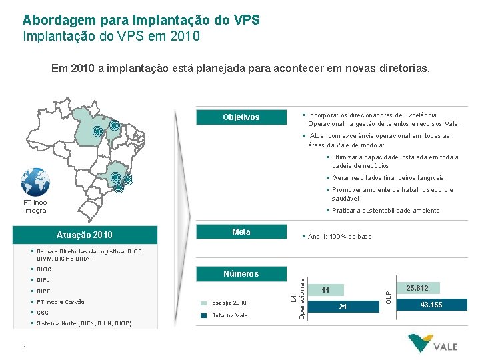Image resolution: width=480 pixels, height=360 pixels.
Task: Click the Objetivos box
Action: tap(241, 117)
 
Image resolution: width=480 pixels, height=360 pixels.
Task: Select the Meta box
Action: tap(241, 232)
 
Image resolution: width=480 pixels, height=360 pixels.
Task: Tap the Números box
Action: tap(241, 273)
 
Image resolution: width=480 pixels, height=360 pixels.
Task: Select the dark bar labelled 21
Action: tap(343, 306)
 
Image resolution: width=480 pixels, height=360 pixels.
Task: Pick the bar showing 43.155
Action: tap(431, 305)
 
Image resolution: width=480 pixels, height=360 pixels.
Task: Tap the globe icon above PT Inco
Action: tap(35, 181)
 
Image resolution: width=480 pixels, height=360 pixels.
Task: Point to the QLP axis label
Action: tap(389, 293)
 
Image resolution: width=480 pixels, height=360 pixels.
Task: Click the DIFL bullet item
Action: tap(44, 281)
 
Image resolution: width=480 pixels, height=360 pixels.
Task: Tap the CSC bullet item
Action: tap(43, 313)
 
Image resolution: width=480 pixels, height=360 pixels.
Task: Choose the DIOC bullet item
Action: tap(45, 269)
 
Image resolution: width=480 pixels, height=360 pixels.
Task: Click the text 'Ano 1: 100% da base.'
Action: tap(341, 237)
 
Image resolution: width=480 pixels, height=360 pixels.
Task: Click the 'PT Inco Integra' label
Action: tap(35, 206)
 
